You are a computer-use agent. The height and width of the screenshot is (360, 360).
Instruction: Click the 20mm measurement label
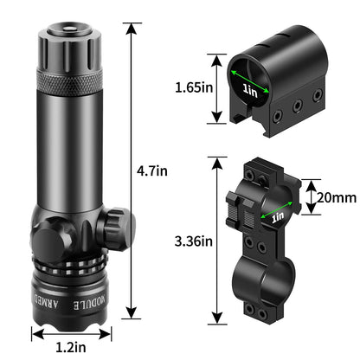336,198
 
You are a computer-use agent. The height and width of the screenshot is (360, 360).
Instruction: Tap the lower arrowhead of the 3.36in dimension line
213,320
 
